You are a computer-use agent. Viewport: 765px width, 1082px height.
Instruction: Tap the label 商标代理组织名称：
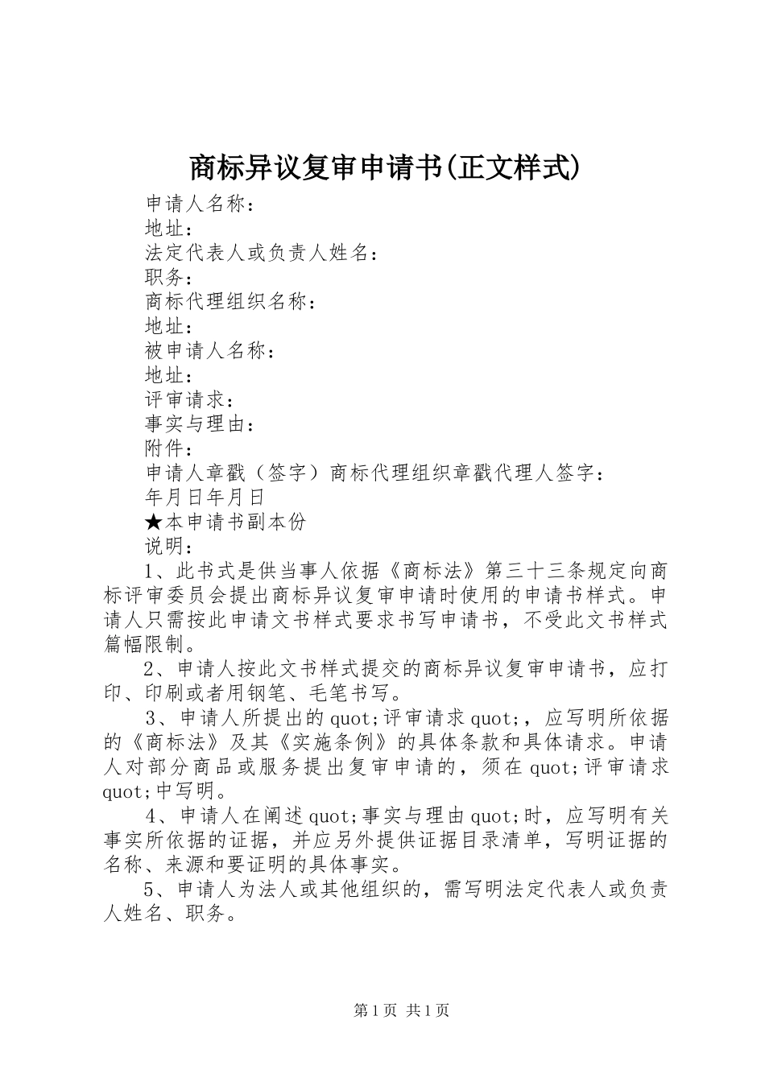point(230,302)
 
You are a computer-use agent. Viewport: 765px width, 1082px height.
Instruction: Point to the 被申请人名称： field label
point(209,351)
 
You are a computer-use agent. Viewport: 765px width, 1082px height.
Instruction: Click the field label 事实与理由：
point(200,424)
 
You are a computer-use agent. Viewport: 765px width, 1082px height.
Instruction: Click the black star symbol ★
point(155,522)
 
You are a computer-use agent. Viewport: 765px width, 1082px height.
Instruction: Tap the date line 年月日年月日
point(205,498)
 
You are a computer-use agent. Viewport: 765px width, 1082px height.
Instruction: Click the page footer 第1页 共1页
point(401,1011)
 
